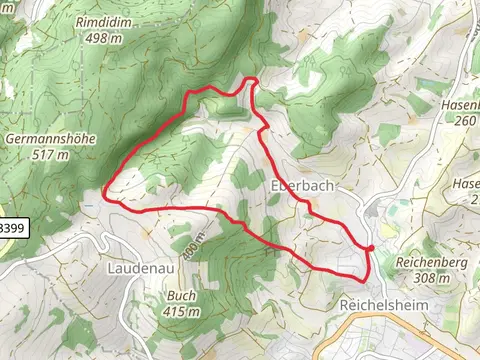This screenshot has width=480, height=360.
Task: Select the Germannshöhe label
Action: point(51,138)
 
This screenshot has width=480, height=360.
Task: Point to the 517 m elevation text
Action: point(50,155)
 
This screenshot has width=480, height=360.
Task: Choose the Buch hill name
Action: point(181,295)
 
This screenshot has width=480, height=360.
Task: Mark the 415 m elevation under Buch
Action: point(181,311)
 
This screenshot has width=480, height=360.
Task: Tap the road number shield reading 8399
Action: point(12,228)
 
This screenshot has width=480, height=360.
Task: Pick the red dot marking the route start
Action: point(370,248)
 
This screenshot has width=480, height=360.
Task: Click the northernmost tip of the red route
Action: point(252,79)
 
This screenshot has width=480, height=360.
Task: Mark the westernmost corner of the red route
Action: point(106,198)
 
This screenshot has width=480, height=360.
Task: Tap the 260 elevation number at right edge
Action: point(466,121)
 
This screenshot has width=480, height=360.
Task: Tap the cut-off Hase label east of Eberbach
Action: point(466,184)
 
